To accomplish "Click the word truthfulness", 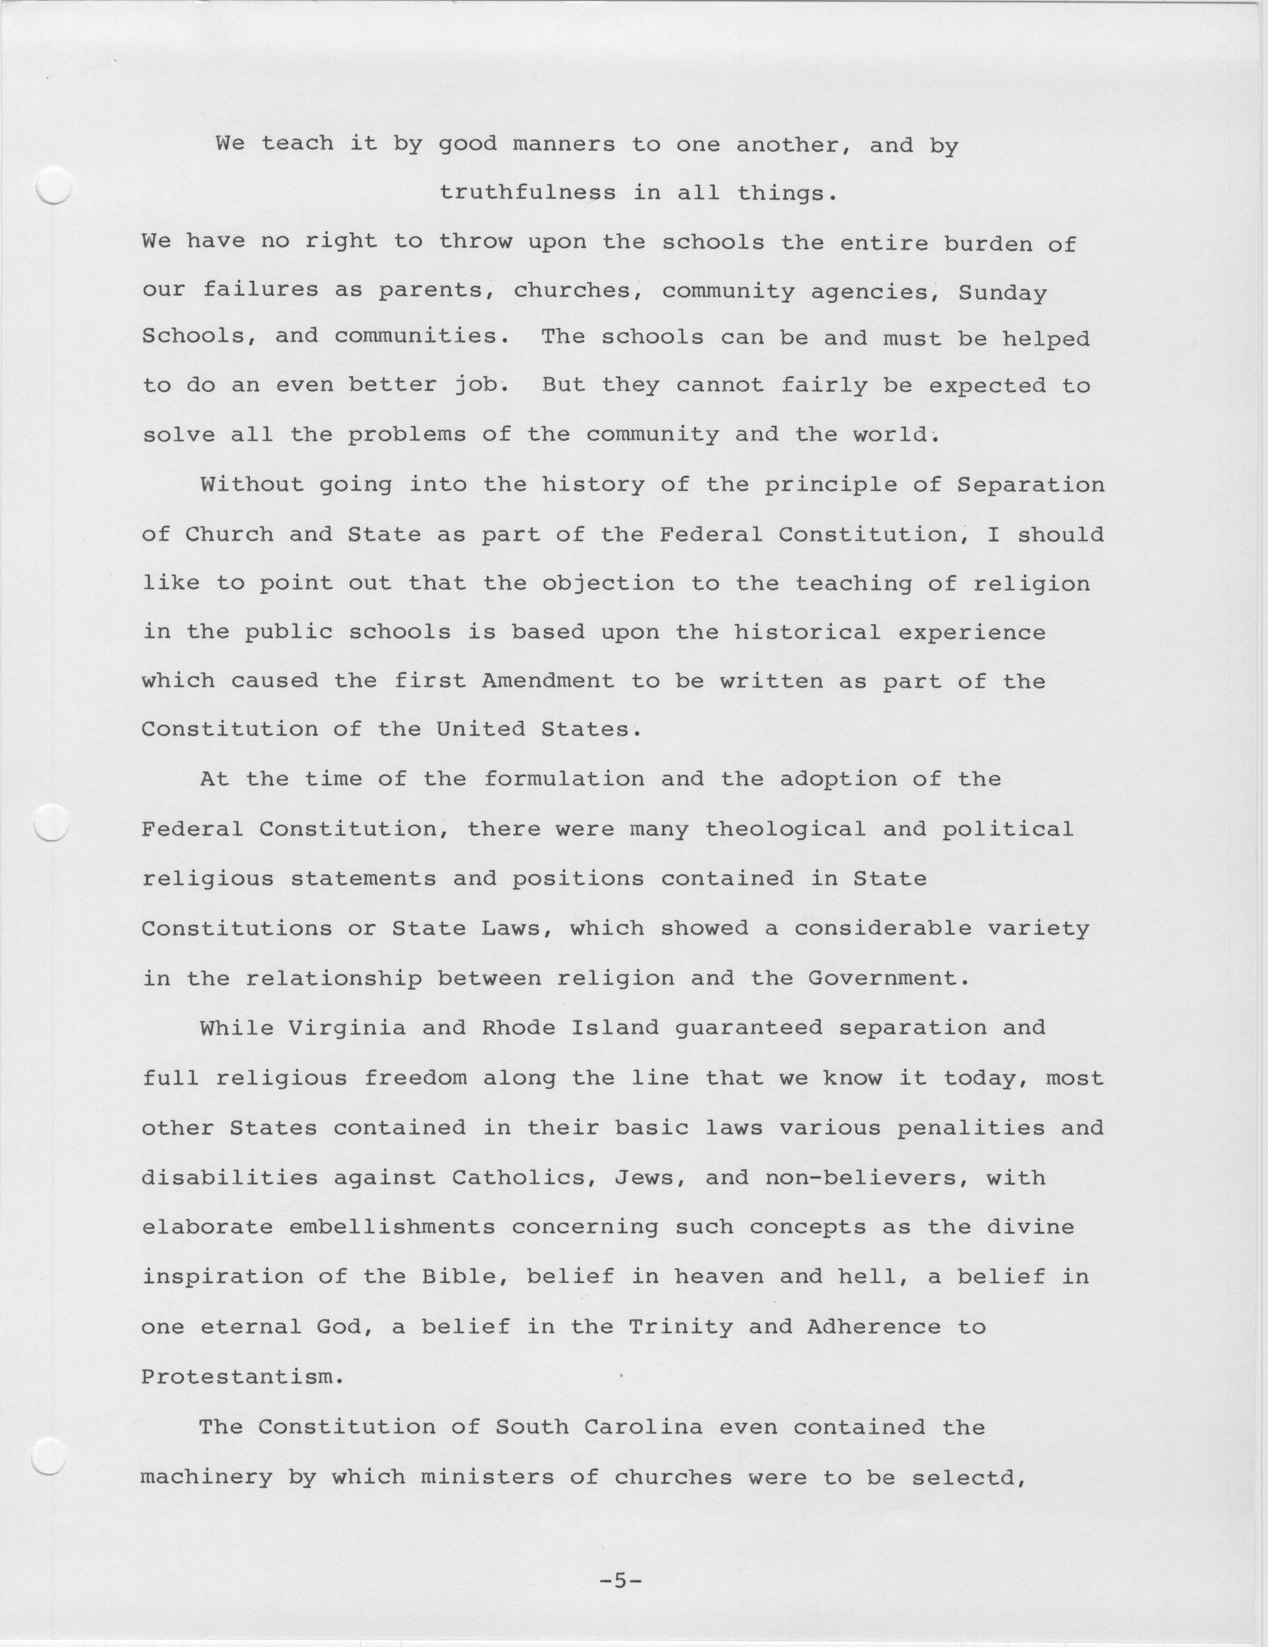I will pyautogui.click(x=527, y=193).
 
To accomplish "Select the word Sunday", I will pyautogui.click(x=1002, y=292).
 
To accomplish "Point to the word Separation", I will pyautogui.click(x=1030, y=485).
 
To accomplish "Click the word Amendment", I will pyautogui.click(x=548, y=681).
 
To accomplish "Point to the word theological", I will pyautogui.click(x=786, y=829).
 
